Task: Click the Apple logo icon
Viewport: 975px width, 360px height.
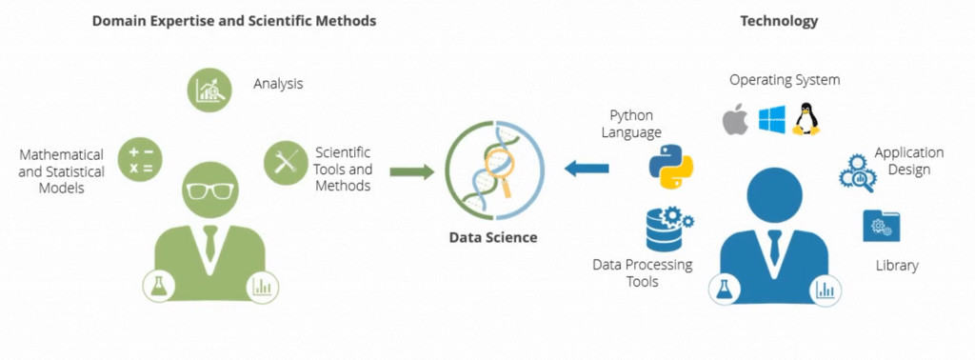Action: coord(734,120)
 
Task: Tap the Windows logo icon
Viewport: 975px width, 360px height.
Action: coord(771,120)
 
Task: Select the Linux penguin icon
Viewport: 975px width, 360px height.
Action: coord(806,119)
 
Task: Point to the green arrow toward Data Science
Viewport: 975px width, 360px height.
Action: coord(411,171)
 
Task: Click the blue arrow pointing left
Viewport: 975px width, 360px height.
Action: coord(586,169)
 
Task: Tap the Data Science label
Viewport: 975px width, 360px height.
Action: coord(493,237)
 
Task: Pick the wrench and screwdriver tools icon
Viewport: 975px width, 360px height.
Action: coord(285,161)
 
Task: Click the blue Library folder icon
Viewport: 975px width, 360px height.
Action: coord(877,227)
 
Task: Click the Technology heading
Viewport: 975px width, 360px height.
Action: coord(778,21)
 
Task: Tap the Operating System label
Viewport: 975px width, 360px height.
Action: coord(785,80)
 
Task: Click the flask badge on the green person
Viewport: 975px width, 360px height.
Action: coord(158,285)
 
